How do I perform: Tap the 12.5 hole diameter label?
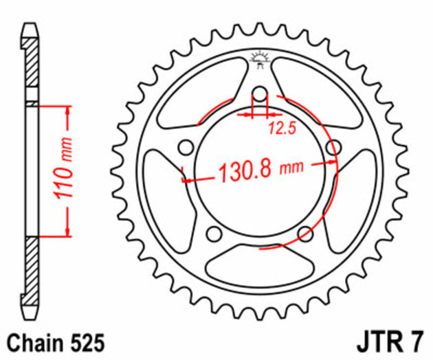(282, 126)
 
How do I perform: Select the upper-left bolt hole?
(184, 146)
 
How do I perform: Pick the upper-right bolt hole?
(334, 147)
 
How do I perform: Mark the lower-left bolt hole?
(214, 234)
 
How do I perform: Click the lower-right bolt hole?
(304, 234)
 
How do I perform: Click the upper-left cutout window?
(199, 93)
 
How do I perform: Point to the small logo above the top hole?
(259, 60)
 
